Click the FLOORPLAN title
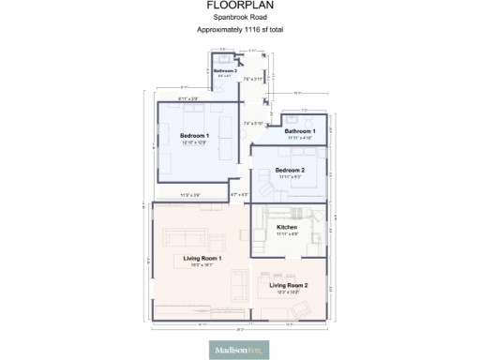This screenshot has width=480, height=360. tap(239, 6)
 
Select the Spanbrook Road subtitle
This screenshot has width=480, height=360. tap(239, 18)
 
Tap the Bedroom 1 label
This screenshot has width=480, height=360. tap(195, 136)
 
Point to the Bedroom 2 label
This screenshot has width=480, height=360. tap(289, 170)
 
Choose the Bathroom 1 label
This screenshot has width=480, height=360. tap(300, 131)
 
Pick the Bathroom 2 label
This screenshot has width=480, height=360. tap(224, 71)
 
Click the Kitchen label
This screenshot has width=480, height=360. tap(287, 228)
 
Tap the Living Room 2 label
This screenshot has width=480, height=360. tap(289, 285)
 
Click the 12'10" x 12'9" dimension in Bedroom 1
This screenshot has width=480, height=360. tap(195, 142)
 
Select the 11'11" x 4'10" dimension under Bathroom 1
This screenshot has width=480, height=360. tap(300, 138)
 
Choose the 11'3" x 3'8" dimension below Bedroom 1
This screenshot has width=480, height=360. tap(190, 195)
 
